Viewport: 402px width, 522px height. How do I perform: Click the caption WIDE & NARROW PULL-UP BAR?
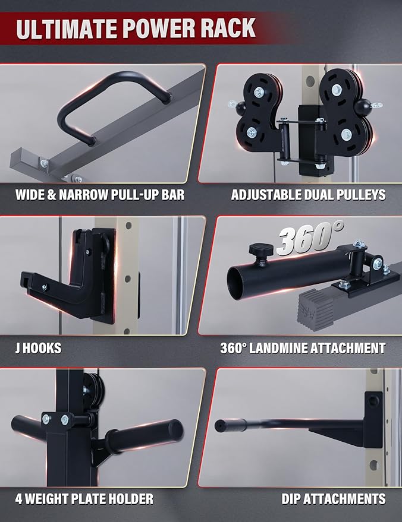point(99,194)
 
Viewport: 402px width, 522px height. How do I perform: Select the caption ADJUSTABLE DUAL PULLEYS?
point(308,194)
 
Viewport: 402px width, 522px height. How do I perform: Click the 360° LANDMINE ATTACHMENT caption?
point(303,347)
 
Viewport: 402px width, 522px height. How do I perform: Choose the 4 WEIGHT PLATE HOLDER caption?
point(84,498)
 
